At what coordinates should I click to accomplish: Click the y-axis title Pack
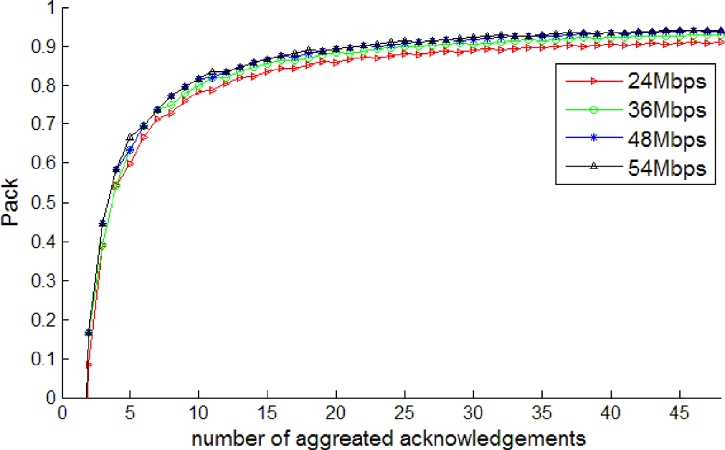[12, 203]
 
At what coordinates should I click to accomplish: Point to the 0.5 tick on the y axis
[44, 202]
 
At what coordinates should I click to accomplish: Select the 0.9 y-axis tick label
[44, 47]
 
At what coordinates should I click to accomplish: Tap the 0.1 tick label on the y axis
[44, 359]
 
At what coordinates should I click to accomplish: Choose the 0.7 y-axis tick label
[44, 125]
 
